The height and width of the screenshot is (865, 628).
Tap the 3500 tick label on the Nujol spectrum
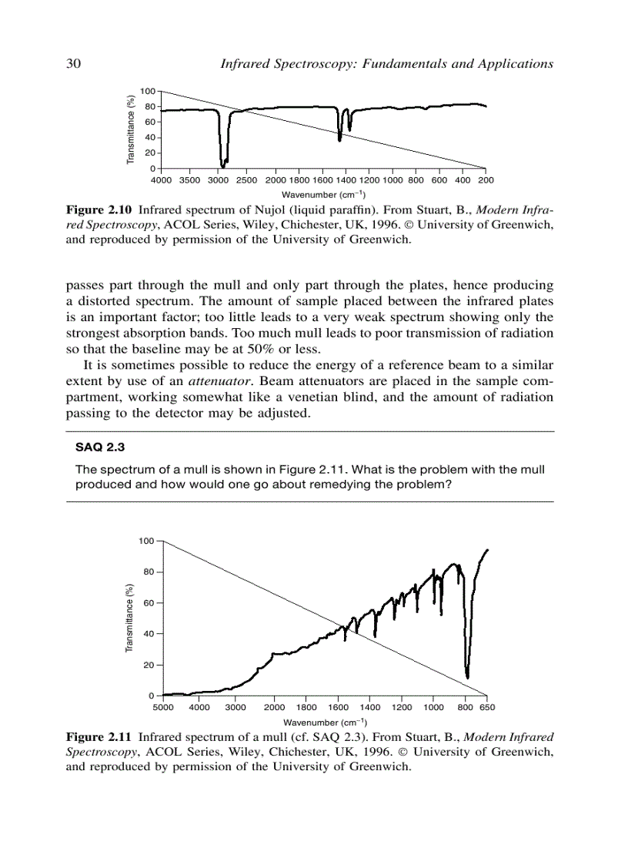coord(189,180)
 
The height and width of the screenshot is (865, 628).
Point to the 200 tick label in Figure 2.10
coord(486,180)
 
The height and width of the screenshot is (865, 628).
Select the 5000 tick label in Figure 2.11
coord(163,707)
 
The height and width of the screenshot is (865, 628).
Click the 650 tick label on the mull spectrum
coord(487,707)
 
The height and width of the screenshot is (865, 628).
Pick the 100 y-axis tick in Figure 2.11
coord(147,541)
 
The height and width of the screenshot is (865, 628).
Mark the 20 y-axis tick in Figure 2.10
coord(151,153)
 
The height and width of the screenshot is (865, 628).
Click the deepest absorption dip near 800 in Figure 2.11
coord(467,676)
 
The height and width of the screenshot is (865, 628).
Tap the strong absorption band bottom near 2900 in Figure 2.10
coord(222,165)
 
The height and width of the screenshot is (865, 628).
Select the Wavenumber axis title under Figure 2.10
coord(323,194)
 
